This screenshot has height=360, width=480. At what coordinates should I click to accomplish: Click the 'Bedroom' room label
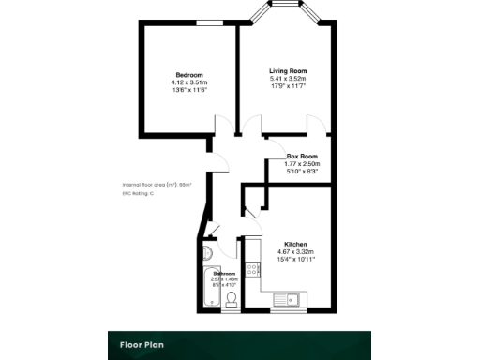point(188,75)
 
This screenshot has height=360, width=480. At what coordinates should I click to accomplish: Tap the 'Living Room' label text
point(288,71)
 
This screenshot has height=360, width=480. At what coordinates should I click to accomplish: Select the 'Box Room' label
point(302,157)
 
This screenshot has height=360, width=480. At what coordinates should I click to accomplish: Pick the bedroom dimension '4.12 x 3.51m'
point(188,82)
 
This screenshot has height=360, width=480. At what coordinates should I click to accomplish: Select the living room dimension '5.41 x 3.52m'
point(288,79)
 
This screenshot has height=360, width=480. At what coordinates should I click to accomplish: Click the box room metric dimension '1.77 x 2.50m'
point(302,164)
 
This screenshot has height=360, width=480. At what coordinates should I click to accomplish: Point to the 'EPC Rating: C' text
point(140,194)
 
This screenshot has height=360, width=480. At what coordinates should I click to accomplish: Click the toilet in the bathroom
point(231,299)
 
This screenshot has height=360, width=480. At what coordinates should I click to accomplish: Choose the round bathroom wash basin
point(209,253)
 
